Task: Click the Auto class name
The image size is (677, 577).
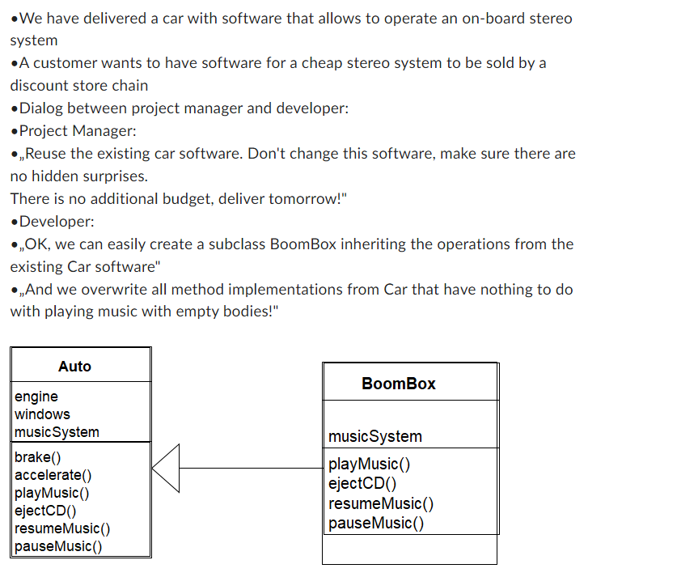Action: [74, 367]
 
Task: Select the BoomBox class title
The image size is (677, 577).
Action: [398, 384]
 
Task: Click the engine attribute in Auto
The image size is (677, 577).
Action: [36, 397]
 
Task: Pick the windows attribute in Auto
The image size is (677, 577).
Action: [42, 414]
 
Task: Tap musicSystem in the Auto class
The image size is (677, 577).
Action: [57, 432]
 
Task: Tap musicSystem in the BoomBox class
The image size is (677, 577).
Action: [375, 437]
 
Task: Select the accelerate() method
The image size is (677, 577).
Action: [53, 475]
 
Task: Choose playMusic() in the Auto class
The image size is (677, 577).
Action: [52, 493]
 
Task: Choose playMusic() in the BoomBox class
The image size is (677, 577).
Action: [370, 465]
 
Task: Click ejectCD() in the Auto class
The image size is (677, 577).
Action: [45, 511]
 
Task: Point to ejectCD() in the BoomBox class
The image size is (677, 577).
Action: [362, 484]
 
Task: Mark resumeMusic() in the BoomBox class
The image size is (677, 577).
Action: [381, 503]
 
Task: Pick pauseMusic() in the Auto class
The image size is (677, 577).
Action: [58, 546]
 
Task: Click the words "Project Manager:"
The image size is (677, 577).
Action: [78, 131]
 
